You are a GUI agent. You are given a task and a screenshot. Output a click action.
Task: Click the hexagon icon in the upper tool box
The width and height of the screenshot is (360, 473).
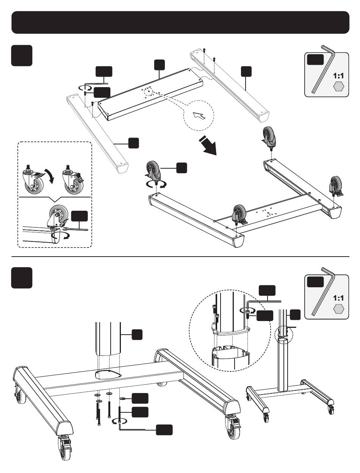[x=338, y=87]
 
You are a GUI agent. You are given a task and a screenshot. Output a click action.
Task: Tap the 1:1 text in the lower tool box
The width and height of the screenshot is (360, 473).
[x=338, y=298]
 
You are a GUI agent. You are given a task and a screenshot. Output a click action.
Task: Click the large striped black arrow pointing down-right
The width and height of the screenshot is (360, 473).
[x=208, y=146]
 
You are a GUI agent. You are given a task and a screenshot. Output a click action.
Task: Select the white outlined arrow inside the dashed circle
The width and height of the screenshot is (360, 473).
[x=199, y=115]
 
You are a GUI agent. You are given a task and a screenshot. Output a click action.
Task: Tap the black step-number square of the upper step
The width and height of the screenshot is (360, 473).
[x=22, y=55]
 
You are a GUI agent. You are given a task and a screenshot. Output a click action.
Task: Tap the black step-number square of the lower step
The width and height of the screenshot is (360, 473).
[x=22, y=277]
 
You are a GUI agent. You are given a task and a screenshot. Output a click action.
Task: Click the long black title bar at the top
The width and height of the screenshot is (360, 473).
[x=180, y=22]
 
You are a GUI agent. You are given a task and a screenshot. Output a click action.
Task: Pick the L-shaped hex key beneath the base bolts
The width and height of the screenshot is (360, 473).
[x=132, y=429]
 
